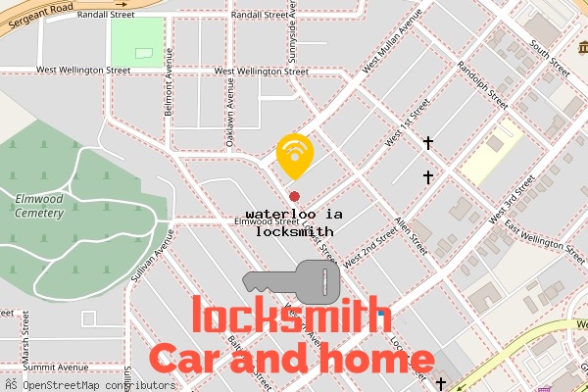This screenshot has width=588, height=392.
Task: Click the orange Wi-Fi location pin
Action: tap(294, 154)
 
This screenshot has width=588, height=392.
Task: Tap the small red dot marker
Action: tap(294, 197)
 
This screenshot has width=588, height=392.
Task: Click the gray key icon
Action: tap(291, 283)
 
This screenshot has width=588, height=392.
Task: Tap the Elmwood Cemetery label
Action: tap(39, 206)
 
